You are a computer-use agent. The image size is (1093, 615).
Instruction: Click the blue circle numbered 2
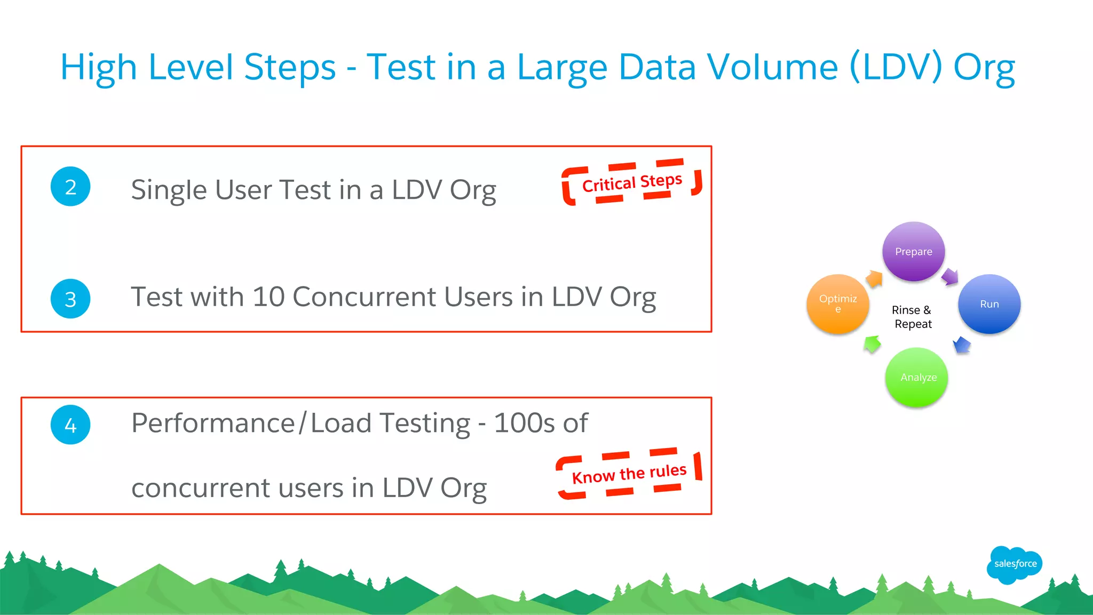[x=70, y=187]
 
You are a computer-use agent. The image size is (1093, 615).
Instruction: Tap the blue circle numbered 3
[x=70, y=299]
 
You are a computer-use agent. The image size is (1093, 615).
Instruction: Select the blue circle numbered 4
[x=70, y=425]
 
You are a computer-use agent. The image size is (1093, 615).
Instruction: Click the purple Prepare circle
[x=914, y=251]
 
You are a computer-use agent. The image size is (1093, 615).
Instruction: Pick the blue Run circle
[x=989, y=304]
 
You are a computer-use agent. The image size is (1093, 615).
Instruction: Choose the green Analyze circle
[x=916, y=377]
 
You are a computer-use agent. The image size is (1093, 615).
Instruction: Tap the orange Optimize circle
[x=838, y=304]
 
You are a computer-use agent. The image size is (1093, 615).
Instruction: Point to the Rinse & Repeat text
[x=912, y=317]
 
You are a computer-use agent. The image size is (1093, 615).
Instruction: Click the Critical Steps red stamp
[x=632, y=182]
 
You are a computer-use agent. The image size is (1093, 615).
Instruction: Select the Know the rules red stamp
[x=629, y=474]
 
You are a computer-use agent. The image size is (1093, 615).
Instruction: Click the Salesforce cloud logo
[x=1015, y=564]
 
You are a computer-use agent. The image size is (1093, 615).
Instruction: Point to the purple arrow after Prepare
[x=950, y=277]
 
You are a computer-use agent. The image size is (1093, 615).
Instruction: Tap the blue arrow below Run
[x=962, y=345]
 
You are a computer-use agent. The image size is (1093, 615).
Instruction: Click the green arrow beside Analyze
[x=873, y=344]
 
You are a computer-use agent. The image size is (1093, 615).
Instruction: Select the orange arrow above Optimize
[x=874, y=278]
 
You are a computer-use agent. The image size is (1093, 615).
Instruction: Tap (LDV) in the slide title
[x=896, y=67]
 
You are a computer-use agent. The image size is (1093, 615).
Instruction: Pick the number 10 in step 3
[x=268, y=297]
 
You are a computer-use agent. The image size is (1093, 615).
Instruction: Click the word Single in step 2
[x=169, y=190]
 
